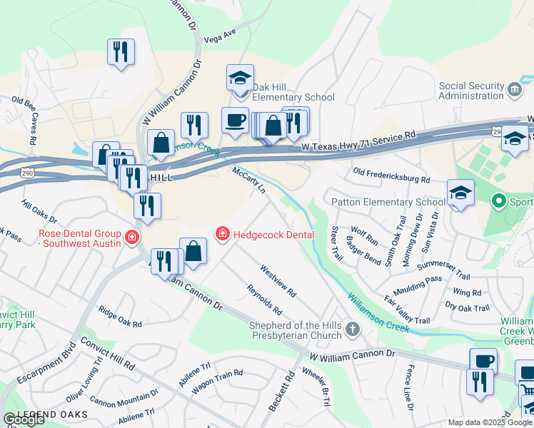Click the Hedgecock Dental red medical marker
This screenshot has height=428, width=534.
tap(223, 234)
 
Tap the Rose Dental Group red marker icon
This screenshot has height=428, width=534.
tap(131, 238)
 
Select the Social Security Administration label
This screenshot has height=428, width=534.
tap(471, 91)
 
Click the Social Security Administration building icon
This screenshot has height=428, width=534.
tap(515, 90)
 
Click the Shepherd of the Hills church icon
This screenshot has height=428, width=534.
tap(352, 330)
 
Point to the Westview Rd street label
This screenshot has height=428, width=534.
tap(278, 282)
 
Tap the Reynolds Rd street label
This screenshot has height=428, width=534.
tap(264, 300)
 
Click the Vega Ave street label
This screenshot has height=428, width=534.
tap(219, 35)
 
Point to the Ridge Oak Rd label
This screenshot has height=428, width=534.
tap(120, 318)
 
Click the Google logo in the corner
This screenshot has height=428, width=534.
tap(24, 419)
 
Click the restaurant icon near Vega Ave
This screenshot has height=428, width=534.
tap(121, 51)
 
